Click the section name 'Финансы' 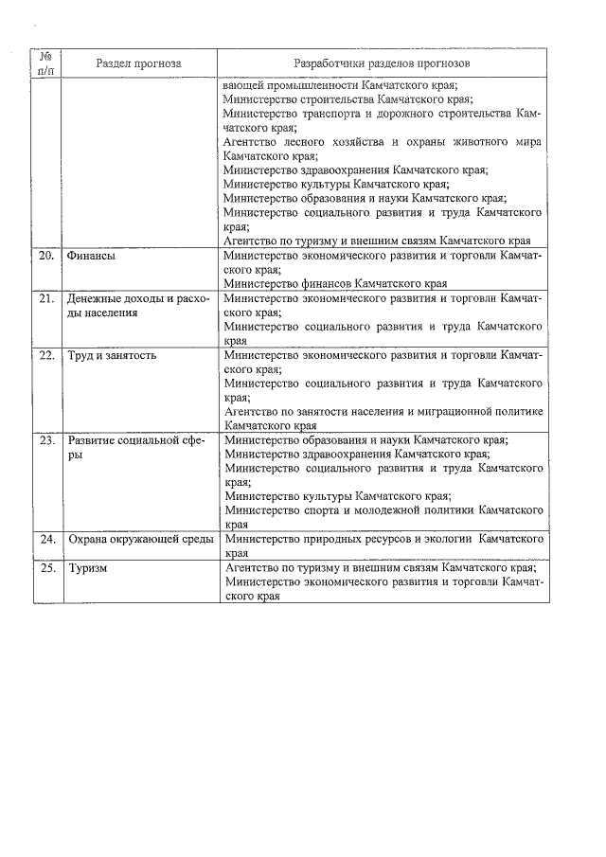pos(92,257)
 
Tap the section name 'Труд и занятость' pos(112,356)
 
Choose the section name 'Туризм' pos(88,569)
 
